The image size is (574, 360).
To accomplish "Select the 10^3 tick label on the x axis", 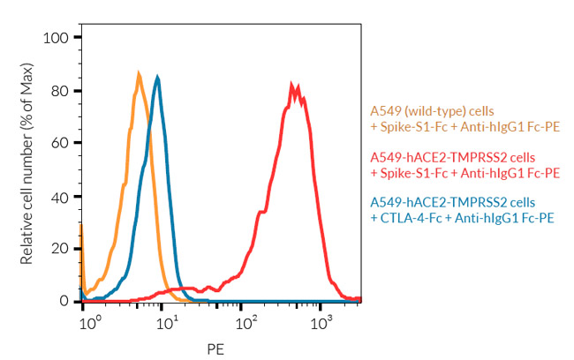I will [322, 319].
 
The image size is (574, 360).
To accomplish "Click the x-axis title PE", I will [215, 348].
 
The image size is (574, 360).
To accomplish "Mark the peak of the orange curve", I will [139, 73].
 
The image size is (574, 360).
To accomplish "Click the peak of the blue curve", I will [157, 77].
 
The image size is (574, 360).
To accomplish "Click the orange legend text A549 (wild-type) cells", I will [427, 112].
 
